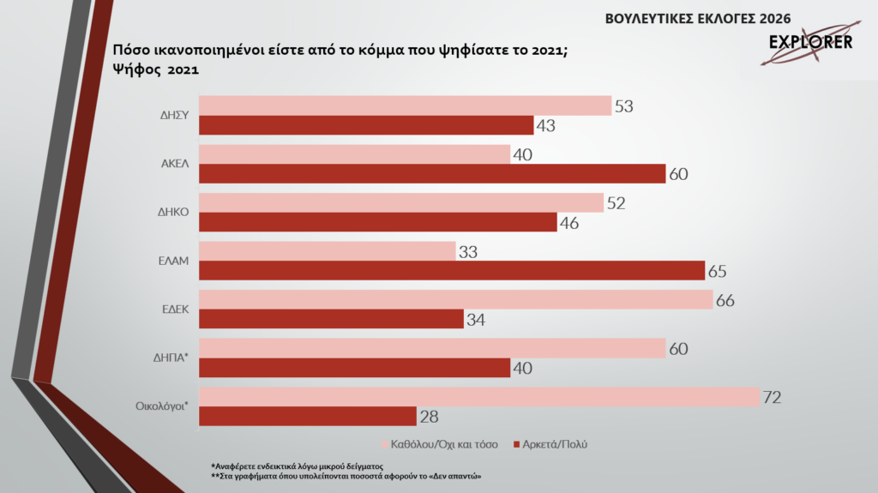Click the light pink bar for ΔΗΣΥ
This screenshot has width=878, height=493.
[x=405, y=105]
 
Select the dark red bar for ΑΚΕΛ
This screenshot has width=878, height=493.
[x=432, y=174]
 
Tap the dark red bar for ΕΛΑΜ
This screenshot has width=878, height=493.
[x=452, y=271]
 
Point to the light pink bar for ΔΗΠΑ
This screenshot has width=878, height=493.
[x=432, y=349]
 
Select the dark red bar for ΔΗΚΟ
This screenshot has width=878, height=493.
[x=377, y=223]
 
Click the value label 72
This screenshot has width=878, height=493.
[x=773, y=398]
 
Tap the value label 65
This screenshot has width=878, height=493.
[x=718, y=272]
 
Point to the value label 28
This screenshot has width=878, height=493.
[x=430, y=418]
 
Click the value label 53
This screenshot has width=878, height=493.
[x=624, y=105]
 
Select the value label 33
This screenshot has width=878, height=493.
[x=468, y=252]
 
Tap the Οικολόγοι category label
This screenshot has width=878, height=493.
[x=163, y=407]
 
